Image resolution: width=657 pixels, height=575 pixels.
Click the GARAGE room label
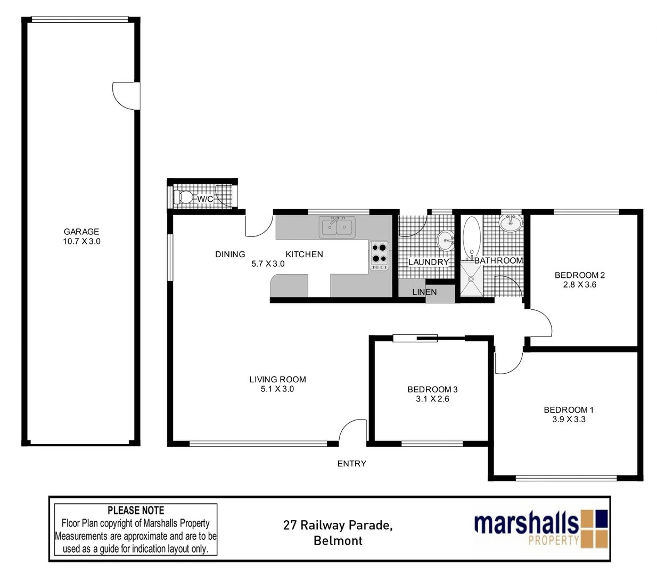[x=81, y=232]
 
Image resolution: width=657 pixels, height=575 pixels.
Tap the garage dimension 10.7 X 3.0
[x=81, y=241]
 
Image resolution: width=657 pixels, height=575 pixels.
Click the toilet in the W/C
[x=184, y=197]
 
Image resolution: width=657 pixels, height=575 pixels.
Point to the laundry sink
[x=445, y=241]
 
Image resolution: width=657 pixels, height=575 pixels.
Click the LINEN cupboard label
[x=424, y=292]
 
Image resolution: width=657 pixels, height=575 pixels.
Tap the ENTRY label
[x=351, y=464]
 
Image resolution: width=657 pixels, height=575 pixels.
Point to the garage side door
[x=126, y=96]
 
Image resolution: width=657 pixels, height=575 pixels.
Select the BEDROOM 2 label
[x=579, y=275]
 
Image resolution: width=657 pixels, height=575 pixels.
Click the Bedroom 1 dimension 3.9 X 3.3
[x=569, y=419]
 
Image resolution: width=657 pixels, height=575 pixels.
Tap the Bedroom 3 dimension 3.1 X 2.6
[x=432, y=399]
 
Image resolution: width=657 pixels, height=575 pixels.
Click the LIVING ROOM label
[x=277, y=380]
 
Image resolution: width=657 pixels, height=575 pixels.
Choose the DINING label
[x=230, y=254]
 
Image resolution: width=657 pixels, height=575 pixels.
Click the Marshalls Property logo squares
[x=594, y=528]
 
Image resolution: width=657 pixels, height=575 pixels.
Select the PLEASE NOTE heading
[x=136, y=511]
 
